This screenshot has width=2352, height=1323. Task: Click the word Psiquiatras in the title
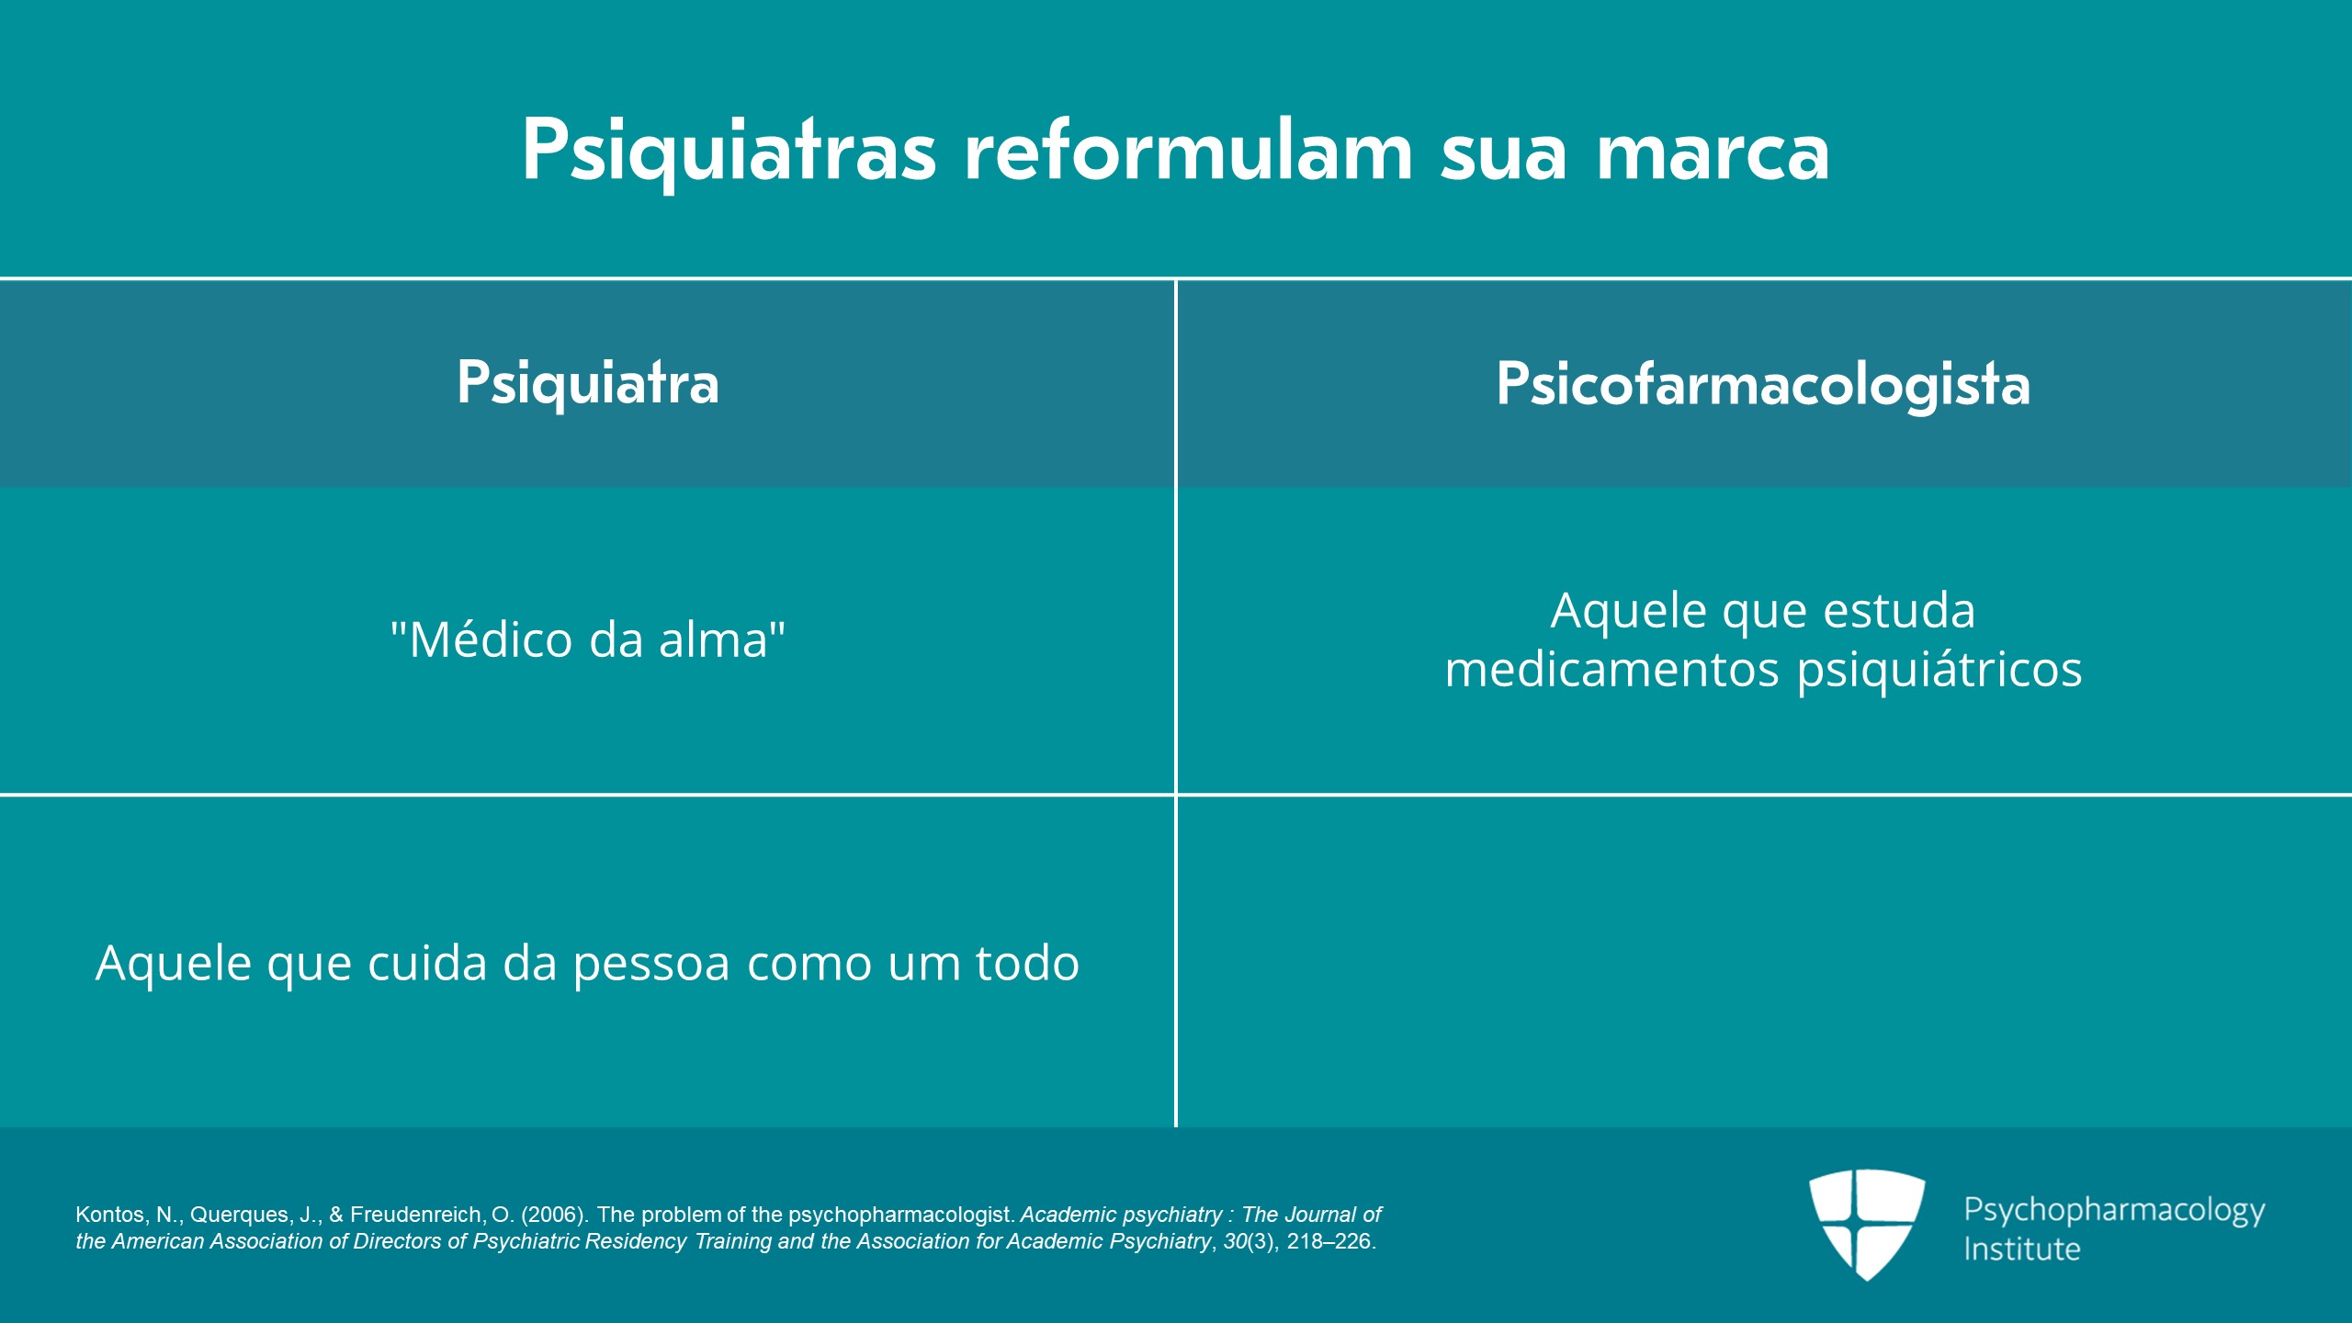click(x=729, y=152)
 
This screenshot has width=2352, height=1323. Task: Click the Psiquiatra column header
click(x=588, y=383)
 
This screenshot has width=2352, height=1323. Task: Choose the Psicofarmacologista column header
click(x=1763, y=384)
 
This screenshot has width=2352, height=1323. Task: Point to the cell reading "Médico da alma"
click(x=588, y=639)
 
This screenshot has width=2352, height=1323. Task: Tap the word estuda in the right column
click(x=1899, y=611)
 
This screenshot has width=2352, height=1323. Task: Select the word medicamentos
click(x=1612, y=670)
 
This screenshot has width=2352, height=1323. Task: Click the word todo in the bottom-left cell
click(x=1027, y=964)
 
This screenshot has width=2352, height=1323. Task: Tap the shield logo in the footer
click(x=1867, y=1224)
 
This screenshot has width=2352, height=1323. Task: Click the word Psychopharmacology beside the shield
click(x=2114, y=1210)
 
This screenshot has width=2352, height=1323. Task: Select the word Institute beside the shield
click(x=2022, y=1249)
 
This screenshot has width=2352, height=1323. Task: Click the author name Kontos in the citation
click(x=109, y=1215)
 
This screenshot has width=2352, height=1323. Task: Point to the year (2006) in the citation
click(x=555, y=1215)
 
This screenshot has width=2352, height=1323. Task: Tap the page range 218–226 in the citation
click(x=1330, y=1241)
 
